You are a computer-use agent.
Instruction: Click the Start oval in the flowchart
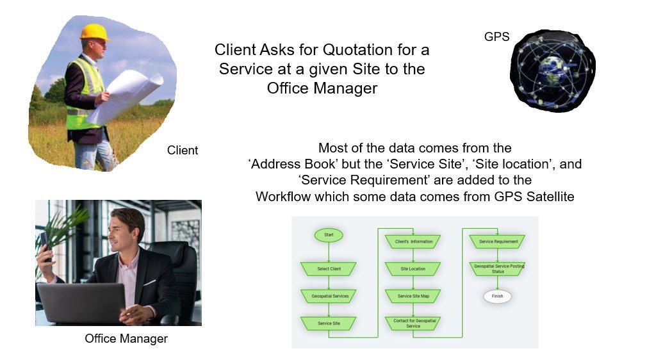point(329,235)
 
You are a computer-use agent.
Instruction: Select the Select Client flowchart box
point(329,269)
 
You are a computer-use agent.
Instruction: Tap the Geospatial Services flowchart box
point(329,296)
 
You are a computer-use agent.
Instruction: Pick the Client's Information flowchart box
point(413,241)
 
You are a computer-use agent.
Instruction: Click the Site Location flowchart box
point(413,269)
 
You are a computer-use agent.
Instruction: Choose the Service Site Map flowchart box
point(413,296)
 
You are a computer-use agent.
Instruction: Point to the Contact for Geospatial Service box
point(413,323)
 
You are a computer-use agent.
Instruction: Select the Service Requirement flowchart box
point(498,241)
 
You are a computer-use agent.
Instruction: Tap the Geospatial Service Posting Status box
point(498,269)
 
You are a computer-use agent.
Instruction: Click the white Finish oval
point(498,297)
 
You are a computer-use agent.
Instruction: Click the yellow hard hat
point(95,32)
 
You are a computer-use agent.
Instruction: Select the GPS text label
point(497,37)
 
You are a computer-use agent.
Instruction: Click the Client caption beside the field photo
point(183,151)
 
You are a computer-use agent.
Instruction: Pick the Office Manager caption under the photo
point(126,338)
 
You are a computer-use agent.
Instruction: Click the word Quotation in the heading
point(357,50)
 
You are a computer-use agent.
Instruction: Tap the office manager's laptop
point(82,304)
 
